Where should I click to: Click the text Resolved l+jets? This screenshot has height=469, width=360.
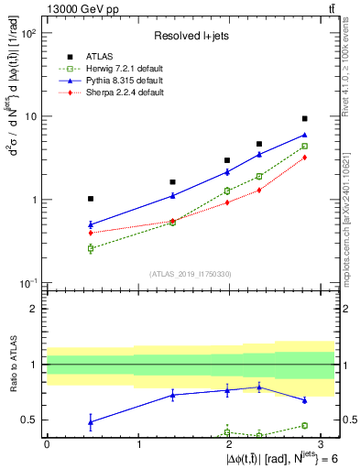tap(191, 36)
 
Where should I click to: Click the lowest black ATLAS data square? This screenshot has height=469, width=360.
tap(91, 199)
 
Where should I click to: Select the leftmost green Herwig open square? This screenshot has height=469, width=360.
tap(91, 248)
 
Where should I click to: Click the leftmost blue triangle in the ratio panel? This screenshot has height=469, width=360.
tap(91, 421)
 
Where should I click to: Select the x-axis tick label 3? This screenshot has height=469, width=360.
tap(322, 443)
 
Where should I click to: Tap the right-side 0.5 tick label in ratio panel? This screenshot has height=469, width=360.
tap(346, 420)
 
